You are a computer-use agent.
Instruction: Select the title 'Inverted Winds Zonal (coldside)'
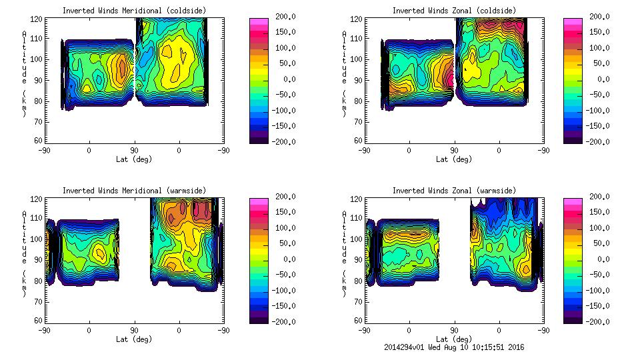tap(454, 11)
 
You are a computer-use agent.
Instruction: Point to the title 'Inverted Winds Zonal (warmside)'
tap(454, 191)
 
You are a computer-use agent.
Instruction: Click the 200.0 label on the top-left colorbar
tap(279, 17)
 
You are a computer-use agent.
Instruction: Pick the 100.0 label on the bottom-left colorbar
tap(279, 228)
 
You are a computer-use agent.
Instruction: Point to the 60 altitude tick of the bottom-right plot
tap(357, 321)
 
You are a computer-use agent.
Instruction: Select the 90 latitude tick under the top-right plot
tap(454, 151)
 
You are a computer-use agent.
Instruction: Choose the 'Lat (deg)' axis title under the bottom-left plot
tap(133, 339)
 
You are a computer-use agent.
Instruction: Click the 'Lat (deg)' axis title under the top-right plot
tap(454, 159)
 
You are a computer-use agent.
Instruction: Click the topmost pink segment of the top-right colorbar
tap(573, 21)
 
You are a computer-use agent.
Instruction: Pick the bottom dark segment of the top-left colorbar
tap(259, 139)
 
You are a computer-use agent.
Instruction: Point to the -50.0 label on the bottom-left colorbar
tap(279, 275)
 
